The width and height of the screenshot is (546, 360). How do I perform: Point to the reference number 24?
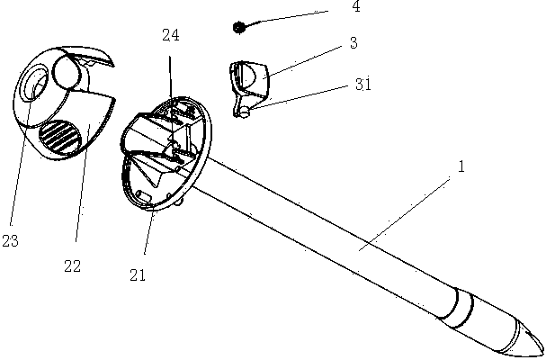tap(170, 36)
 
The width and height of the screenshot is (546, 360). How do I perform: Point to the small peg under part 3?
tap(244, 111)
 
